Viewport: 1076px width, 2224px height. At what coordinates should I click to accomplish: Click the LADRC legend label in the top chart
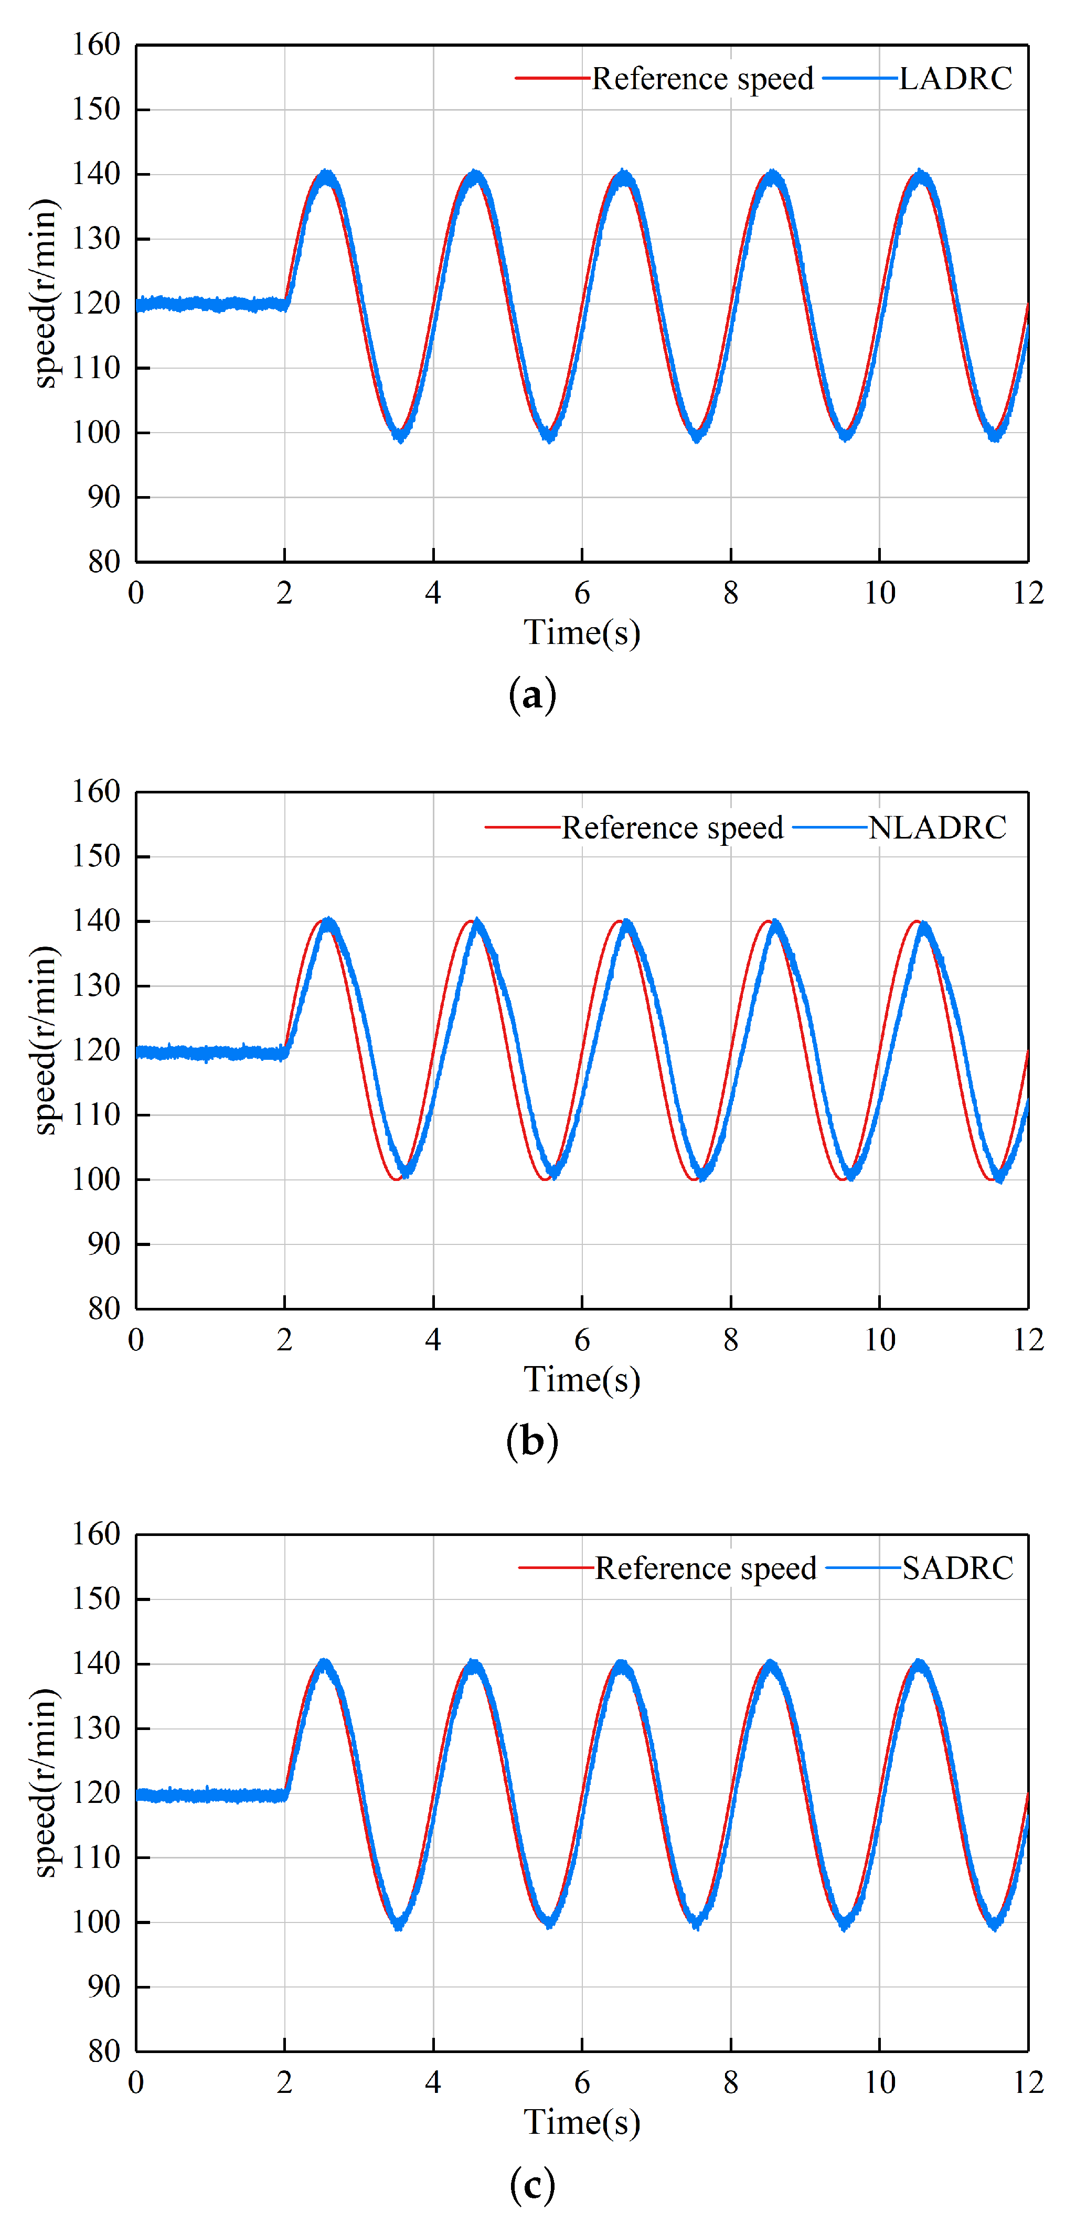[x=955, y=79]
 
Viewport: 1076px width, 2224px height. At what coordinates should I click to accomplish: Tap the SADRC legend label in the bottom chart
[x=957, y=1568]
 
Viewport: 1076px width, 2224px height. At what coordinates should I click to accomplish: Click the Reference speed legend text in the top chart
[x=702, y=79]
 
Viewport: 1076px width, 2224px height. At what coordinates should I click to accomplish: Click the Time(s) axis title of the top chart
[x=582, y=633]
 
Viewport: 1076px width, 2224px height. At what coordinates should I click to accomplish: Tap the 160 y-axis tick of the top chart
[x=96, y=45]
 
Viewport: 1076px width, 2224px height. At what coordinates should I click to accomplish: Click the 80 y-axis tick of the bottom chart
[x=104, y=2051]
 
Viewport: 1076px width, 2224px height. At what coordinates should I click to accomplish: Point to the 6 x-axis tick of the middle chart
[x=582, y=1340]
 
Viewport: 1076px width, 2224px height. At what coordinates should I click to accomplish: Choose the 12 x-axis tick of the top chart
[x=1028, y=593]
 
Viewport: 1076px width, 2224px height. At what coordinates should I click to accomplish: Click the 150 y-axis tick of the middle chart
[x=96, y=856]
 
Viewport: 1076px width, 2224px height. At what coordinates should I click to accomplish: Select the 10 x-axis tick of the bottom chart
[x=880, y=2082]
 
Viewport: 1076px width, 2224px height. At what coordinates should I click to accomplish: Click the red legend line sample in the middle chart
[x=521, y=827]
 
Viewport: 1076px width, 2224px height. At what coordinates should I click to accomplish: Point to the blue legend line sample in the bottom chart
[x=862, y=1568]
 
